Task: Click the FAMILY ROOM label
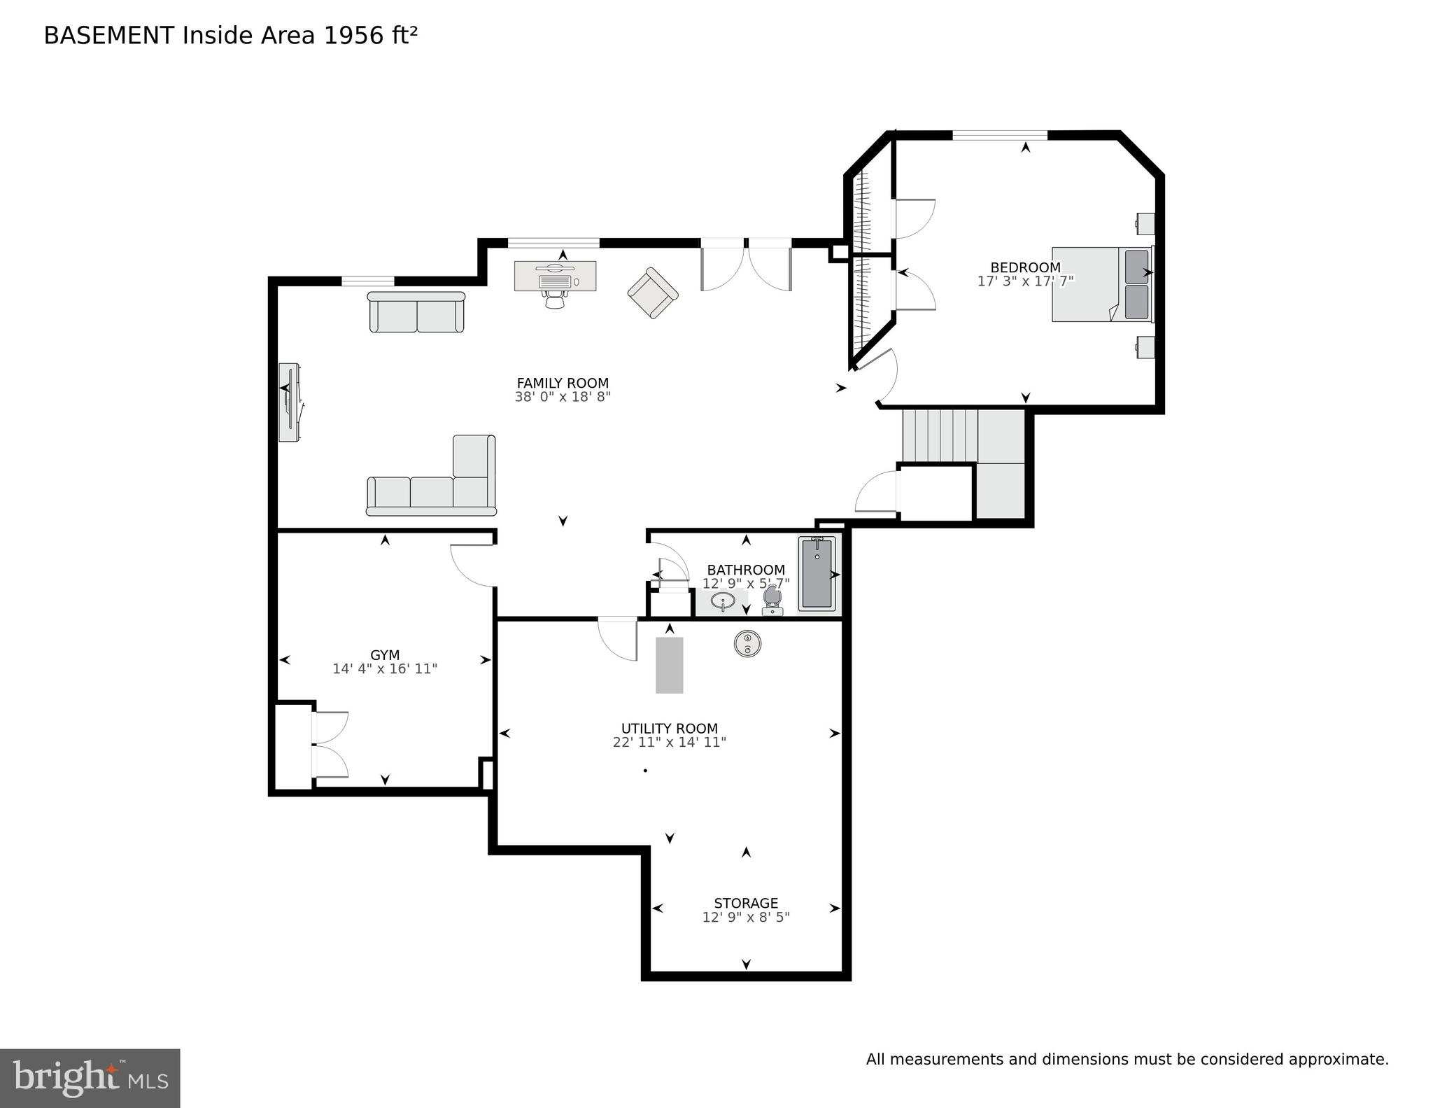click(x=563, y=383)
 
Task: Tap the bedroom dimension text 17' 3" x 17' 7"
click(x=1025, y=281)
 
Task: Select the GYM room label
click(x=385, y=655)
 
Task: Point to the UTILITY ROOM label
click(x=670, y=729)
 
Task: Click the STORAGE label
click(x=746, y=904)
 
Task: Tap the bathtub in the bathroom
click(x=817, y=573)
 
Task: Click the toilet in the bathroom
click(x=772, y=599)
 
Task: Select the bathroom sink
click(x=723, y=601)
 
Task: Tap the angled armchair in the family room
click(x=653, y=293)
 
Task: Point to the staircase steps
click(x=939, y=435)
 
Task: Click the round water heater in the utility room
click(x=747, y=644)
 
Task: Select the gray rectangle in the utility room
click(x=669, y=665)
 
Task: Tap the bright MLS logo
click(x=90, y=1078)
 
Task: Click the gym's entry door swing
click(x=472, y=566)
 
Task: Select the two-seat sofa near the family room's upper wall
click(x=416, y=312)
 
